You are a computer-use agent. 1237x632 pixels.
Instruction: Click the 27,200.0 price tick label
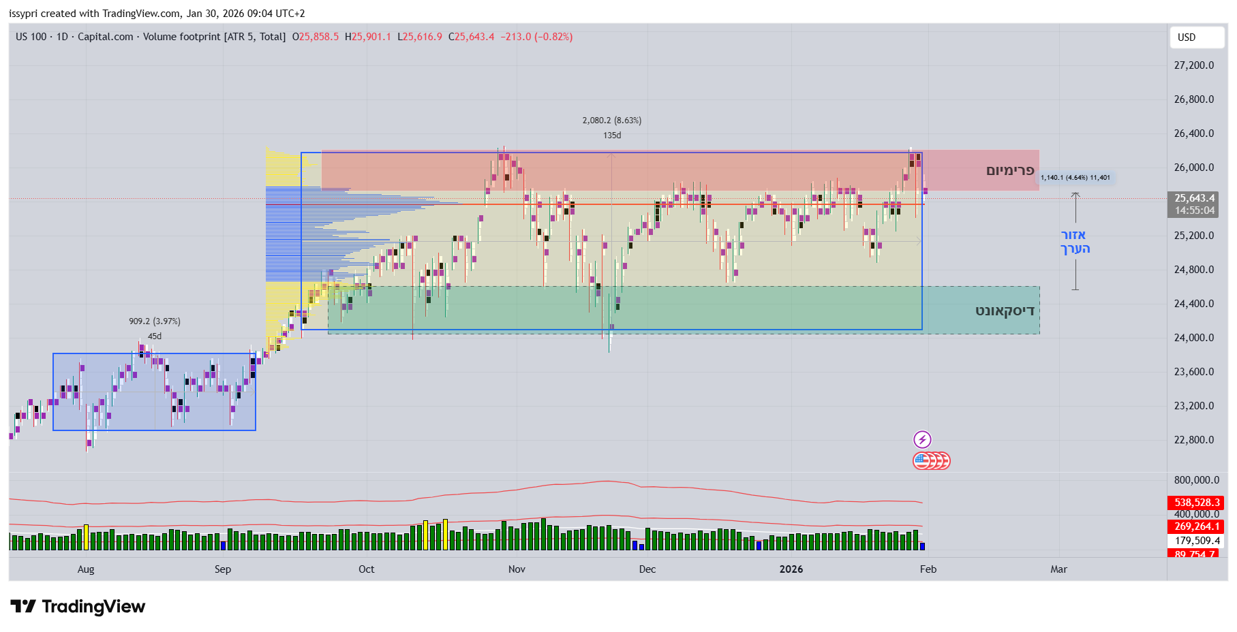[1193, 65]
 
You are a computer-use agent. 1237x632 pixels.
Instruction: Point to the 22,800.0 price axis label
[1193, 440]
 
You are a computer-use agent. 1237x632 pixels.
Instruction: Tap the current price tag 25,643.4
[1194, 198]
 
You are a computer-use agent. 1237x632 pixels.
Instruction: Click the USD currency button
[1187, 37]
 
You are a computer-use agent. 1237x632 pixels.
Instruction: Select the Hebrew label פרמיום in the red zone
[1010, 170]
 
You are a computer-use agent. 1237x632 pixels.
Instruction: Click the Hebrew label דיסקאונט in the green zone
[1005, 311]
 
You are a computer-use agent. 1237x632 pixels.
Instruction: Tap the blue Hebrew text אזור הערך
[1075, 242]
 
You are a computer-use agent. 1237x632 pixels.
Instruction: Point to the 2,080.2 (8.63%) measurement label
[611, 121]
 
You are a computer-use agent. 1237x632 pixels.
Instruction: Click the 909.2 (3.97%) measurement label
[155, 321]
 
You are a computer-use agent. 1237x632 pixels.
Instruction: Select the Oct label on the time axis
[366, 569]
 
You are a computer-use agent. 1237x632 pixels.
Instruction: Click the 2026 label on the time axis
[791, 569]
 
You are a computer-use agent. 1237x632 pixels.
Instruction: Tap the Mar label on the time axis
[1058, 569]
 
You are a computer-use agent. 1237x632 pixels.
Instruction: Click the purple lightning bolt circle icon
[922, 439]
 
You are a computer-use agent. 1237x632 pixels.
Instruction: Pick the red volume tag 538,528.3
[1195, 503]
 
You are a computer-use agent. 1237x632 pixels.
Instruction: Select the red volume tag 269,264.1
[1195, 526]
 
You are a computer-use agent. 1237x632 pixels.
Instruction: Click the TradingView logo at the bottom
[78, 606]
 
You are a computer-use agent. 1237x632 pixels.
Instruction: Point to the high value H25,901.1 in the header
[368, 37]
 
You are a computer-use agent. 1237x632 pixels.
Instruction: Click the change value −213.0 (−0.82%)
[536, 37]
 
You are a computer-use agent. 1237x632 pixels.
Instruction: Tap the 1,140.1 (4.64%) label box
[1075, 178]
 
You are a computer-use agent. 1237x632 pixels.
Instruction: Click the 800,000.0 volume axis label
[1196, 480]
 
